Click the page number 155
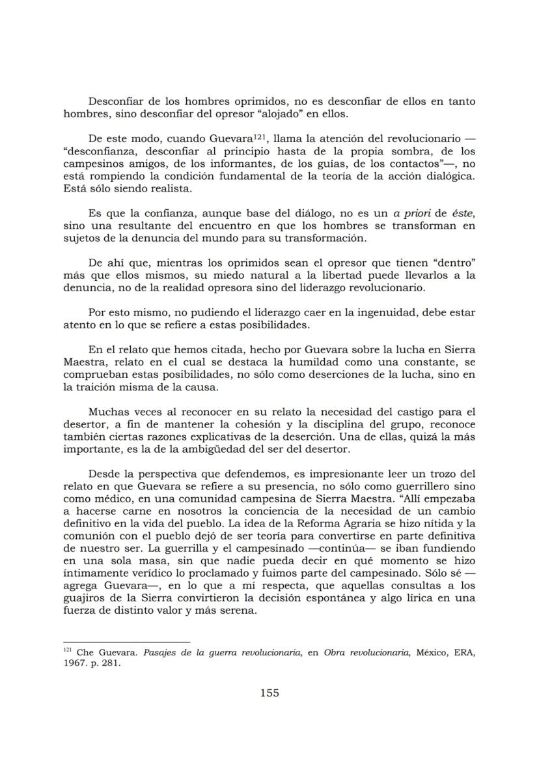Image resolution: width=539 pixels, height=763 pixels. click(269, 693)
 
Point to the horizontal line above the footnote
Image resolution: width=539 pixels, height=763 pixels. click(126, 642)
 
